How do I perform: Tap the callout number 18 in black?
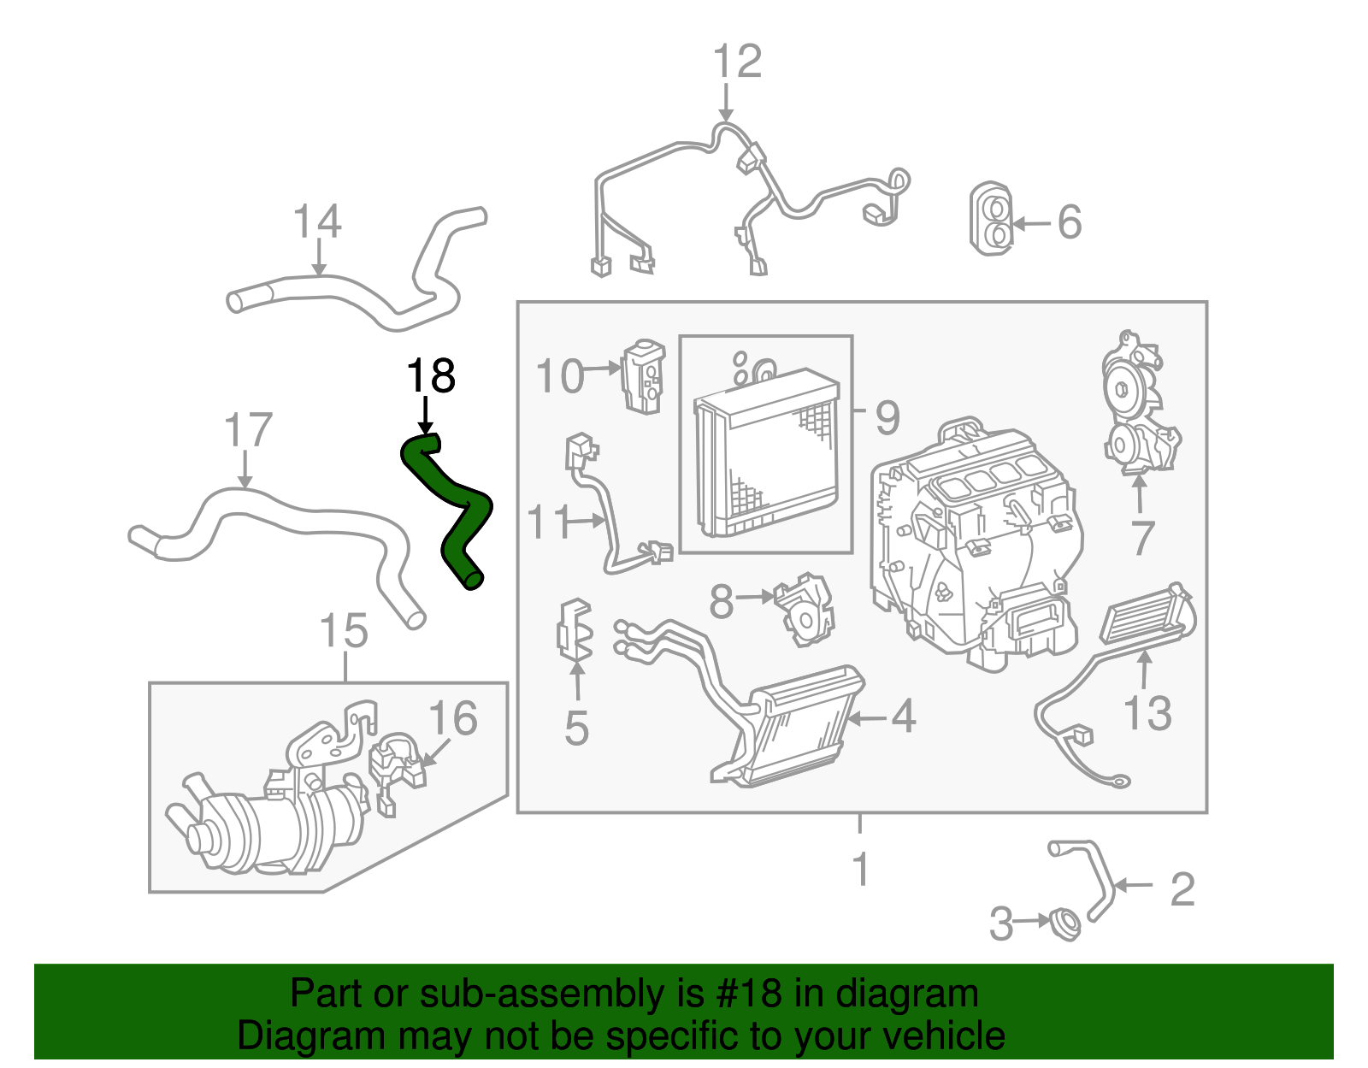click(431, 376)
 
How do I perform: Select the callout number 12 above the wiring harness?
click(736, 62)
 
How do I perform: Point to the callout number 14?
click(317, 222)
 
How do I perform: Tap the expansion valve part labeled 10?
click(643, 376)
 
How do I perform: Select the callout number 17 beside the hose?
click(248, 431)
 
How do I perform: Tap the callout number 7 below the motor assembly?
click(1142, 538)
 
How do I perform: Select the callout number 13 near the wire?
click(1147, 713)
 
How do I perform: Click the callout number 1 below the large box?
click(861, 869)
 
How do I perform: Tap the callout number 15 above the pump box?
click(344, 632)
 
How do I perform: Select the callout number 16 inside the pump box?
click(452, 718)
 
